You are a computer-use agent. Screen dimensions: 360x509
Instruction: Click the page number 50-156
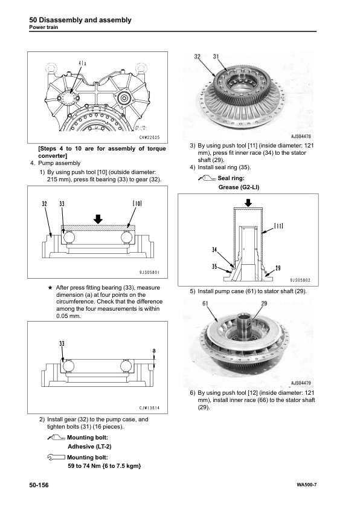(x=39, y=485)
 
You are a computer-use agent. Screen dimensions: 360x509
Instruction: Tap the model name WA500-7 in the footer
(x=306, y=485)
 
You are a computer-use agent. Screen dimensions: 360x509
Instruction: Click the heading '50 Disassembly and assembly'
(x=80, y=20)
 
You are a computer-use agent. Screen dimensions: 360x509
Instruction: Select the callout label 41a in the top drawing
(x=82, y=63)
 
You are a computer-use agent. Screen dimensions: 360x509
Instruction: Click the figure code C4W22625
(x=150, y=137)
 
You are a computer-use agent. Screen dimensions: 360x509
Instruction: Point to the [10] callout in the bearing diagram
(x=137, y=204)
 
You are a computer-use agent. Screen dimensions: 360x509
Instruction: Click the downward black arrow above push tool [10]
(x=98, y=219)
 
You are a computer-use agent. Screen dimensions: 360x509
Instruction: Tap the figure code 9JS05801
(x=150, y=273)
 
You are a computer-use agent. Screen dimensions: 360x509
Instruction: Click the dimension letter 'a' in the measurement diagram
(x=154, y=350)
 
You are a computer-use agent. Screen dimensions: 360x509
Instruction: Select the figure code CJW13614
(x=150, y=408)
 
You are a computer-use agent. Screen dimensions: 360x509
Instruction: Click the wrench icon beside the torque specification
(x=56, y=458)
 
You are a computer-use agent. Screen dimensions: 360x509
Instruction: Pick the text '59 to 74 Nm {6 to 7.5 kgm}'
(x=104, y=466)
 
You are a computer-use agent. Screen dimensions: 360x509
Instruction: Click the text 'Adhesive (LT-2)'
(x=89, y=446)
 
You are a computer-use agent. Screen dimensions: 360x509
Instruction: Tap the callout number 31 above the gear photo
(x=216, y=56)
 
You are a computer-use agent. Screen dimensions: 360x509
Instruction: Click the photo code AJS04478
(x=301, y=137)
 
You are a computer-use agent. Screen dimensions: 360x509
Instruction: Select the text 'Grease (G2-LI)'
(x=239, y=187)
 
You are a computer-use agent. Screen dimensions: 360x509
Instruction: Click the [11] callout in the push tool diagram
(x=279, y=225)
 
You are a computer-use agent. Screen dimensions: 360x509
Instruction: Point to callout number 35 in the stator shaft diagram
(x=214, y=266)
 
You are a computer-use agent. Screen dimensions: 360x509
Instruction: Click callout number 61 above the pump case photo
(x=205, y=303)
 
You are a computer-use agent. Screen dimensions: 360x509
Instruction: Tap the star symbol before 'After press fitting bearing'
(x=50, y=288)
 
